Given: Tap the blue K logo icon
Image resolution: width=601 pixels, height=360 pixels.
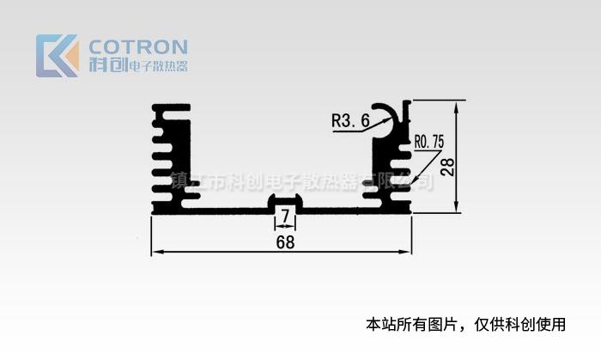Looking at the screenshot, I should (57, 56).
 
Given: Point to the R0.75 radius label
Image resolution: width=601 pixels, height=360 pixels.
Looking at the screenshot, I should (429, 141).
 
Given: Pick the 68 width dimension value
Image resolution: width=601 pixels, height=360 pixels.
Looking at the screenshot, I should (285, 242).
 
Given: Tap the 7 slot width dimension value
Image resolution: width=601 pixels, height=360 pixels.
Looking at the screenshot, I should (285, 214).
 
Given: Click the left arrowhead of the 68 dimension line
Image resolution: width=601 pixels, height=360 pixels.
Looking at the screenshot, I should (155, 253).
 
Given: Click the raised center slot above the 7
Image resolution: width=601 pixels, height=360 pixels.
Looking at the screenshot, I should (285, 201).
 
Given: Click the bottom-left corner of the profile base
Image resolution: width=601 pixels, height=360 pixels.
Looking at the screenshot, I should (153, 211).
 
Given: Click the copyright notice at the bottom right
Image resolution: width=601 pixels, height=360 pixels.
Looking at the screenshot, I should (466, 324).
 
